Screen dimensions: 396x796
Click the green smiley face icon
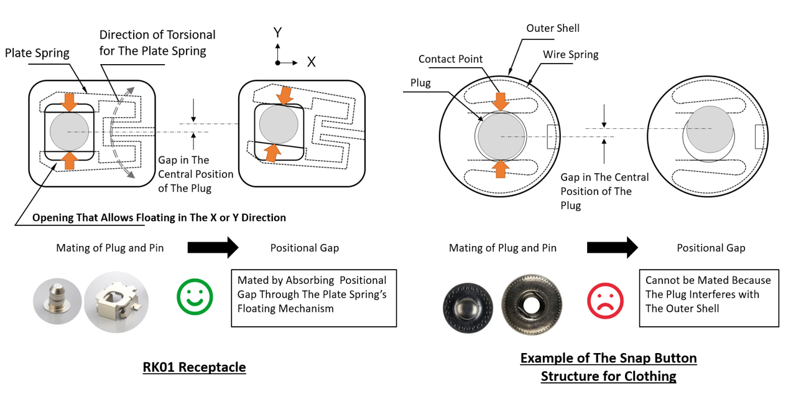[195, 297]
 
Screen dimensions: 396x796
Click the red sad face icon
[604, 301]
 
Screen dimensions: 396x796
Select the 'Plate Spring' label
[37, 53]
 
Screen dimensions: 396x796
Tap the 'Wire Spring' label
[570, 55]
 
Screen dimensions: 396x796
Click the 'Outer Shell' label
[552, 28]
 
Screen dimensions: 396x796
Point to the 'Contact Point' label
[450, 59]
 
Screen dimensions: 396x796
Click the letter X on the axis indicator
[311, 62]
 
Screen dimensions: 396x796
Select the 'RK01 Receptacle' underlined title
[194, 367]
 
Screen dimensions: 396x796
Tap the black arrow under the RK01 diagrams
[213, 247]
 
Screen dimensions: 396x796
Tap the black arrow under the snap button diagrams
[612, 247]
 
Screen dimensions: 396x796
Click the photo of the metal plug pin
[57, 301]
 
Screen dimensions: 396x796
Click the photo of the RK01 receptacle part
[117, 301]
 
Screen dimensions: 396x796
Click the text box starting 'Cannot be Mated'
[708, 298]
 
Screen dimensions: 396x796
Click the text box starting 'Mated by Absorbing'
[313, 298]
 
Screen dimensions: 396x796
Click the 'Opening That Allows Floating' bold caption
[159, 217]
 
